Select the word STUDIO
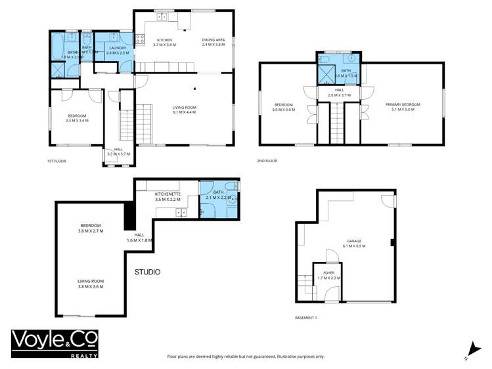(148, 272)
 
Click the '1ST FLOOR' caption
(56, 161)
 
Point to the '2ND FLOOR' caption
(267, 161)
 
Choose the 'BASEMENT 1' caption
(306, 318)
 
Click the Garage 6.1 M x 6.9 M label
(353, 244)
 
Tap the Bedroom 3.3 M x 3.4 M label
(77, 119)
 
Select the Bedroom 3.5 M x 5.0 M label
(284, 107)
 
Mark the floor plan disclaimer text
(246, 357)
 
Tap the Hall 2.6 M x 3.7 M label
(340, 93)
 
